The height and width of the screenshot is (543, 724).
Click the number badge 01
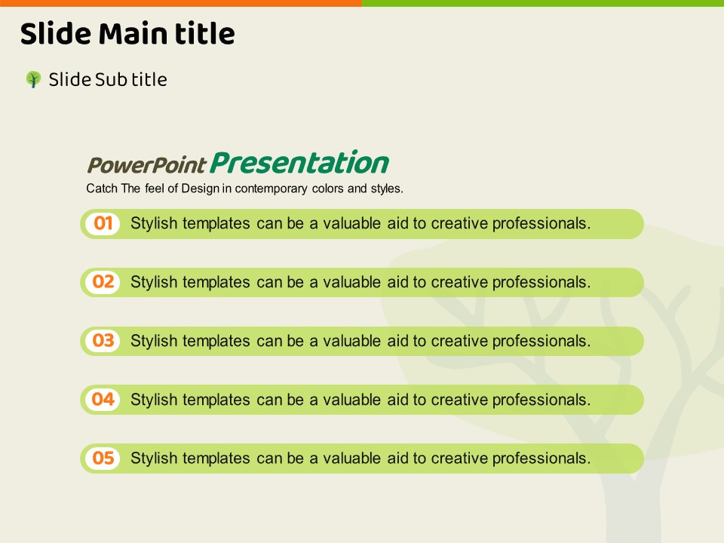click(103, 223)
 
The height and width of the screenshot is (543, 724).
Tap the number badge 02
click(103, 282)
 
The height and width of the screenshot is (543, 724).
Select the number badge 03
click(103, 341)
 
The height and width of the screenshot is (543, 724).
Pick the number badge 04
click(103, 400)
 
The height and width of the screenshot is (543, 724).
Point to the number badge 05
click(103, 458)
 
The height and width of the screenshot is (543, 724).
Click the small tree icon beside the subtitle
click(33, 79)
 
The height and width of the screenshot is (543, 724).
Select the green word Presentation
click(299, 163)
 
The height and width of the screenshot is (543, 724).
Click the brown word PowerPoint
click(146, 165)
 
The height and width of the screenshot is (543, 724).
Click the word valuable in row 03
click(351, 341)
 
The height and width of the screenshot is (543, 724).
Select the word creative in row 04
click(459, 400)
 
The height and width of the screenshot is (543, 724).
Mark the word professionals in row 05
click(541, 459)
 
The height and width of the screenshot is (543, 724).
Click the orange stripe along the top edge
click(181, 3)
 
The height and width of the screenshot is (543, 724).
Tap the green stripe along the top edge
click(543, 3)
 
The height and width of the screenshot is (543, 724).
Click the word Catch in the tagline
click(102, 189)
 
